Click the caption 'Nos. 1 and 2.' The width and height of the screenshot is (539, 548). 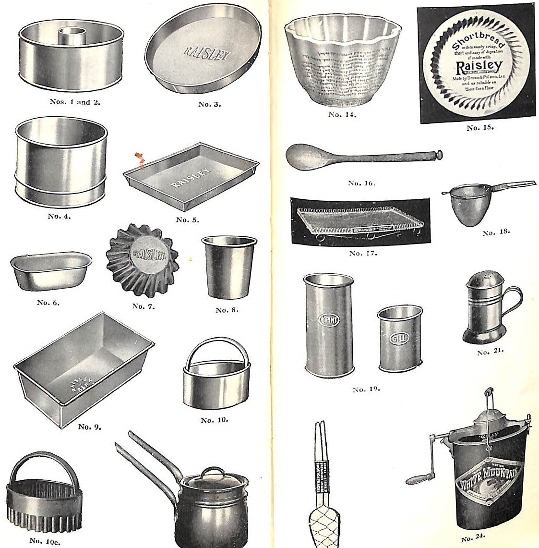click(75, 102)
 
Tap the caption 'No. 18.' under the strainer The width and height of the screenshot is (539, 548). click(496, 232)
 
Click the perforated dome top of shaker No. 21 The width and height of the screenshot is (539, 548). click(482, 280)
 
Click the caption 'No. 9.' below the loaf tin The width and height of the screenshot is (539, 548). click(90, 426)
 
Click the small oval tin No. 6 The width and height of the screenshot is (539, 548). click(50, 271)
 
